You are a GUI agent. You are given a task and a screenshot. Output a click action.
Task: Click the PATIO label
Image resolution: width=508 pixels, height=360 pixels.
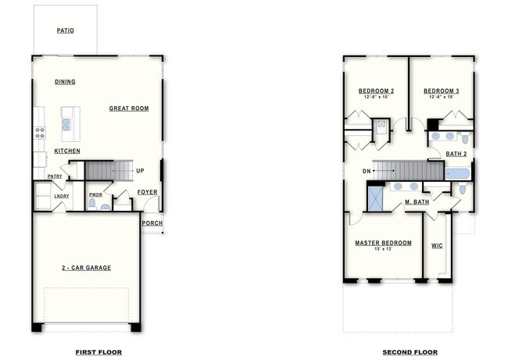pos(65,31)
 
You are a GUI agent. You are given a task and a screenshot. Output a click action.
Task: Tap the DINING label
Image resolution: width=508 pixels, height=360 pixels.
pos(65,82)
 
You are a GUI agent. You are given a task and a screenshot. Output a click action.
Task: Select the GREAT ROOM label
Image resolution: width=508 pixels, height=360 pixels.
pos(128,109)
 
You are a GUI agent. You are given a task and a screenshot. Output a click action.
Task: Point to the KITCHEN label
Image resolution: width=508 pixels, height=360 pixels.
pos(66,151)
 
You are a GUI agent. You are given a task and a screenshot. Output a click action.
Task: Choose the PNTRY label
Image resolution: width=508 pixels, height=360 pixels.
pos(55,176)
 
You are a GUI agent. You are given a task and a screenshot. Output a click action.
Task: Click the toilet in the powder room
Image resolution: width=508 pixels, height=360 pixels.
pos(93,205)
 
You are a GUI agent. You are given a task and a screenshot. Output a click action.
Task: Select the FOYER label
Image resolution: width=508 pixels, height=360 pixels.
pos(147,191)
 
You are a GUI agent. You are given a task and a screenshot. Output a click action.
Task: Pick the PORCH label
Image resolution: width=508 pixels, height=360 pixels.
pos(152,223)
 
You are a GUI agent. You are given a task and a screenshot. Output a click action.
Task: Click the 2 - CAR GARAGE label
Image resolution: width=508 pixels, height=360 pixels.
pos(86,268)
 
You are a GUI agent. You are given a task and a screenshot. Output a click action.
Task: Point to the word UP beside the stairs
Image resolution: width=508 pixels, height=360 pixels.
pos(140,171)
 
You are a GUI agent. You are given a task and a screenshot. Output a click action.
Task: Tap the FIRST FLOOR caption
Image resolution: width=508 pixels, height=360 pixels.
pos(98,352)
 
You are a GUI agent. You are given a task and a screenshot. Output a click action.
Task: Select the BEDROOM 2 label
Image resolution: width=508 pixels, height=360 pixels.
pos(376,91)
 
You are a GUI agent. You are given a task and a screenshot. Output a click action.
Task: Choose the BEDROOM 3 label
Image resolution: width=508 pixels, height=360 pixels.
pos(442,91)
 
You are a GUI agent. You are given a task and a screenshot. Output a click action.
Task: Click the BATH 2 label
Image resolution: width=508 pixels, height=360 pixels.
pos(456,154)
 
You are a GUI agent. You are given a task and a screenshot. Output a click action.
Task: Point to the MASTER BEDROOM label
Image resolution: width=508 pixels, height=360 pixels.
pos(383,243)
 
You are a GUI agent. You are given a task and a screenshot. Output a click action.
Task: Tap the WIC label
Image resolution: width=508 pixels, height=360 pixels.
pos(437,246)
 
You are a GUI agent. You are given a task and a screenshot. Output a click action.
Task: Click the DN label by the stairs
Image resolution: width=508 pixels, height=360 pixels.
pos(367,171)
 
